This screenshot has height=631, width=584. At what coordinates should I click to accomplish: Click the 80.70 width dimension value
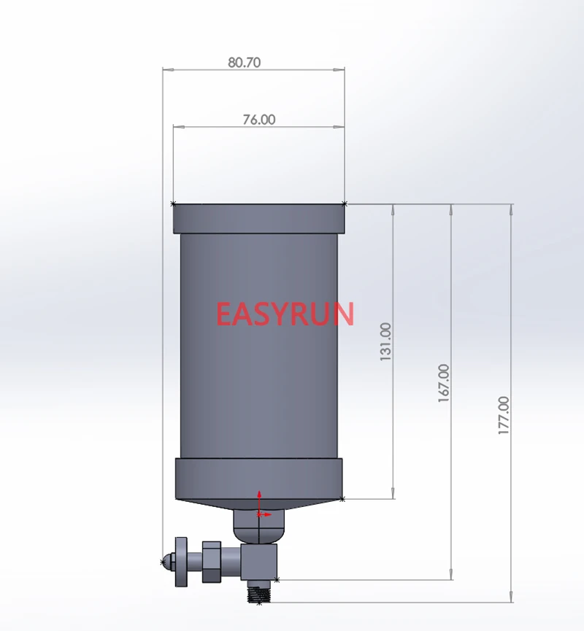click(244, 63)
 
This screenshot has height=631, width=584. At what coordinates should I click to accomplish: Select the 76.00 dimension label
click(258, 120)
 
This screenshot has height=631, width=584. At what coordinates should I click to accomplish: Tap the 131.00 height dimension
click(385, 342)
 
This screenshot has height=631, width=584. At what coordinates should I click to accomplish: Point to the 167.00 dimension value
click(444, 384)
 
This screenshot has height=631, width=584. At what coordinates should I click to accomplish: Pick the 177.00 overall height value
click(503, 416)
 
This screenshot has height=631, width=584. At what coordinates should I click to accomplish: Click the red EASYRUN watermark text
click(285, 314)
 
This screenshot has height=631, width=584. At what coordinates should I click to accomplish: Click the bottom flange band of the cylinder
click(258, 478)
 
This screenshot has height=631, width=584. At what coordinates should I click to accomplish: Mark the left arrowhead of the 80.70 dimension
click(166, 70)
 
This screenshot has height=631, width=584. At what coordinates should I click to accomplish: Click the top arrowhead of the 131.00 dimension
click(394, 208)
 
